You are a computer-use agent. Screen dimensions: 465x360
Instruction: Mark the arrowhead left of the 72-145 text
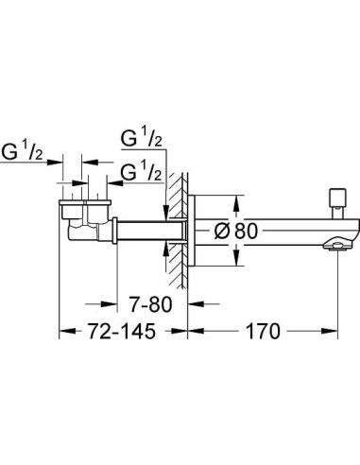65,333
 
